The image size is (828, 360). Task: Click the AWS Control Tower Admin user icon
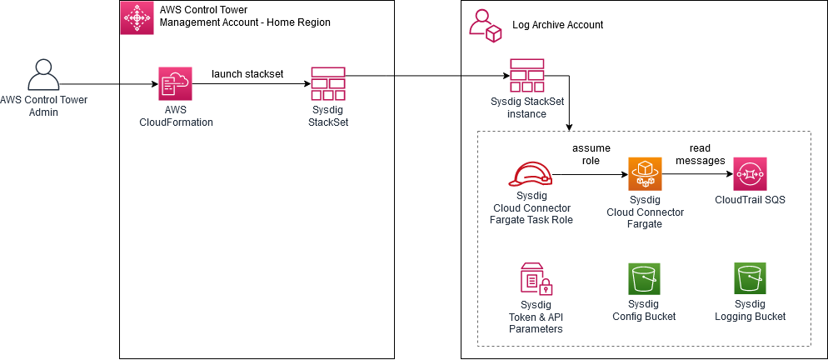pos(44,77)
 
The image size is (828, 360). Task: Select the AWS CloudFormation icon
pos(176,83)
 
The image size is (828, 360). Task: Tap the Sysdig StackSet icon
pos(327,83)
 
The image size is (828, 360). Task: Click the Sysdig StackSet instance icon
pos(526,76)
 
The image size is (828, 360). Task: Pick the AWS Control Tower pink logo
pos(137,17)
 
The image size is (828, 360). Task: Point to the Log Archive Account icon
pos(485,25)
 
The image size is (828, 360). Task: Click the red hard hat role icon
pos(530,173)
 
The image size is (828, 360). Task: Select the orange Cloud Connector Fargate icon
pos(644,174)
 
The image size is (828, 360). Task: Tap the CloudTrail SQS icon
pos(750,174)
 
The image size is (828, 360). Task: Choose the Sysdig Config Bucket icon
pos(644,280)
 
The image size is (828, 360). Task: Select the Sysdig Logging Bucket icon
pos(750,280)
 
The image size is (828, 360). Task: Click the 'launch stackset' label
pos(247,73)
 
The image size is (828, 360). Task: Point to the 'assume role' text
pos(591,154)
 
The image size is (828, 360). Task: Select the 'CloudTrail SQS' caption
pos(750,201)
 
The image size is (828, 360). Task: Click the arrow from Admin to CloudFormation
pos(108,83)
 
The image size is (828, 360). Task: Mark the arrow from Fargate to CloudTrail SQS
pos(696,175)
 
